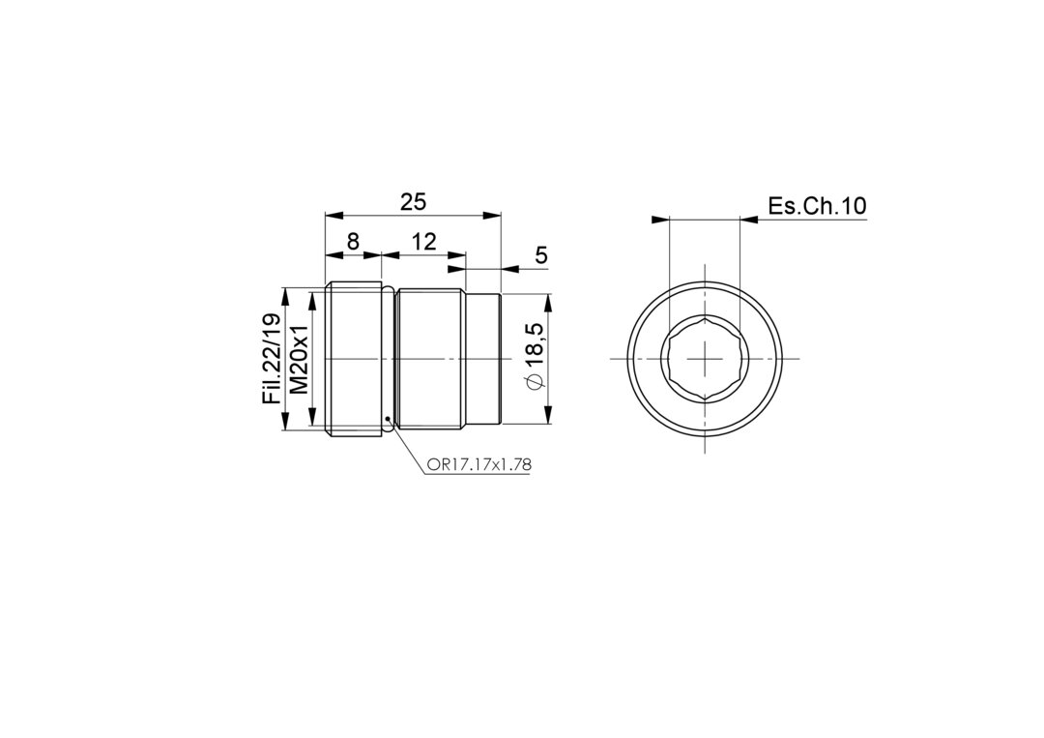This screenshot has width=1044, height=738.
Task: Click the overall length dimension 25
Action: pos(413,201)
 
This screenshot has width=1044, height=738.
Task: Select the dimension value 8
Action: pos(353,241)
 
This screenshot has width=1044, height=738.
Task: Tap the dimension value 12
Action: pos(423,241)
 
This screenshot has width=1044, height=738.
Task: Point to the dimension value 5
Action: pos(541,255)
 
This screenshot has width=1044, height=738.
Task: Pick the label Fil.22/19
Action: pos(273,359)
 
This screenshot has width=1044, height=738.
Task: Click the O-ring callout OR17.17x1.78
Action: pos(478,465)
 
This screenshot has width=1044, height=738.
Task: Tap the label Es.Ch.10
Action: pos(818,206)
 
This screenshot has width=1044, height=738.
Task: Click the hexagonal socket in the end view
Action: pos(705,359)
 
